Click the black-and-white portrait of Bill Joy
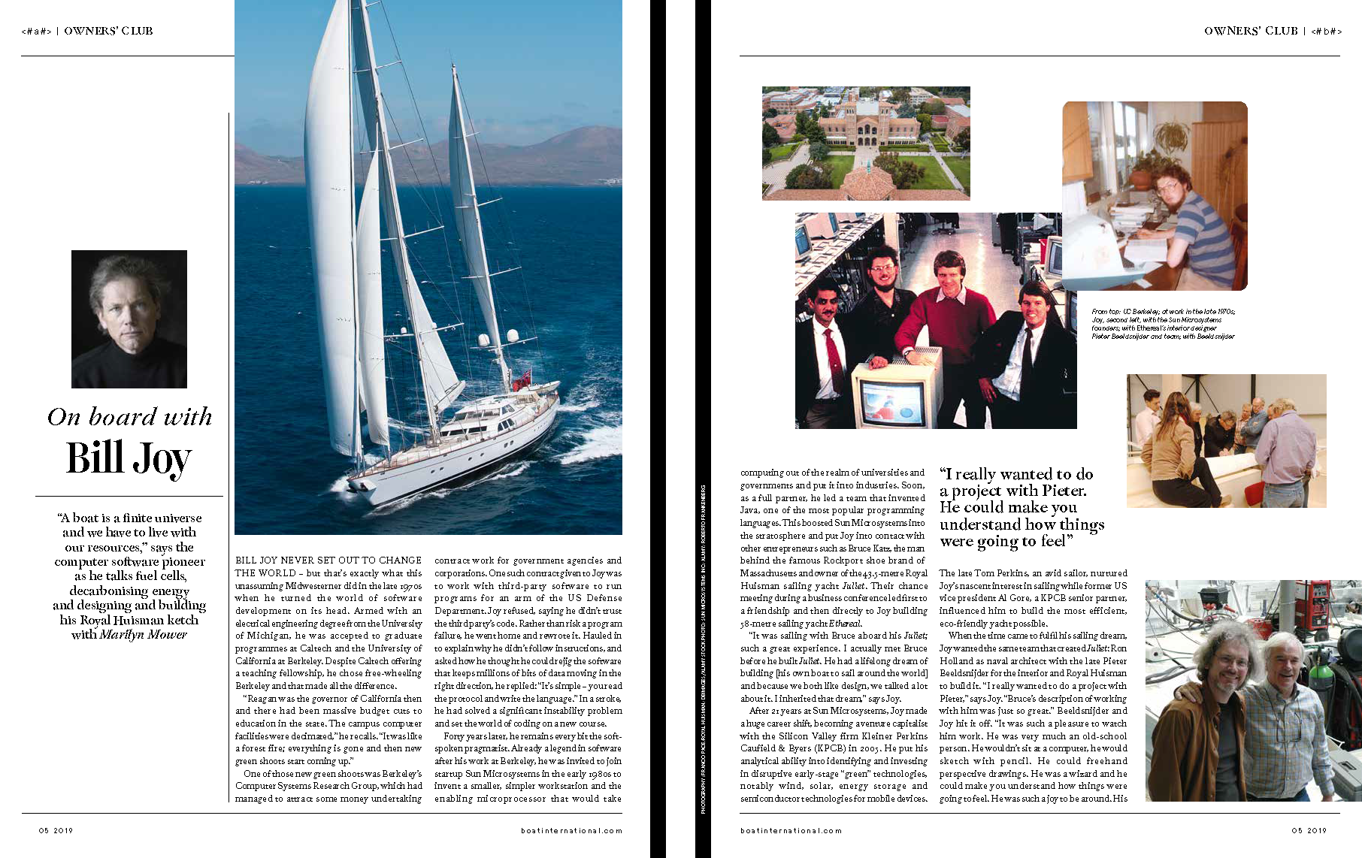[x=129, y=319]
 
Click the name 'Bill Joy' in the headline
[x=129, y=458]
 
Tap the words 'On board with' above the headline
[x=129, y=416]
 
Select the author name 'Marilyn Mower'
[x=143, y=634]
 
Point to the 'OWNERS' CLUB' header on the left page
[x=108, y=31]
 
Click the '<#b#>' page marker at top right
[x=1326, y=31]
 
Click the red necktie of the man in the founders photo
[x=833, y=351]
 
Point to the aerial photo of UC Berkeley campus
[x=865, y=143]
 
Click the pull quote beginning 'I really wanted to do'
[x=1021, y=507]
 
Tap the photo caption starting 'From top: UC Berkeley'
[x=1163, y=324]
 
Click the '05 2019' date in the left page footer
[x=56, y=830]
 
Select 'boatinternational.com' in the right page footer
[x=791, y=830]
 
